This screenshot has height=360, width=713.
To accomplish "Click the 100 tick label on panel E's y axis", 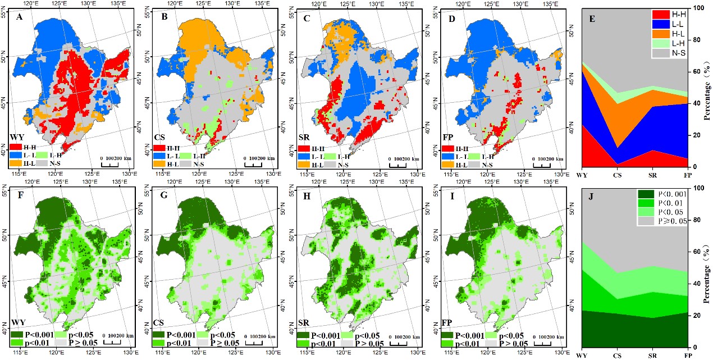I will [690, 8].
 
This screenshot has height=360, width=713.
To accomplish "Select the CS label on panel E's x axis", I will [617, 174].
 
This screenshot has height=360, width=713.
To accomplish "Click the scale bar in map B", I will [256, 164].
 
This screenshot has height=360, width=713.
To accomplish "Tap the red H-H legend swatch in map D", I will [447, 148].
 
